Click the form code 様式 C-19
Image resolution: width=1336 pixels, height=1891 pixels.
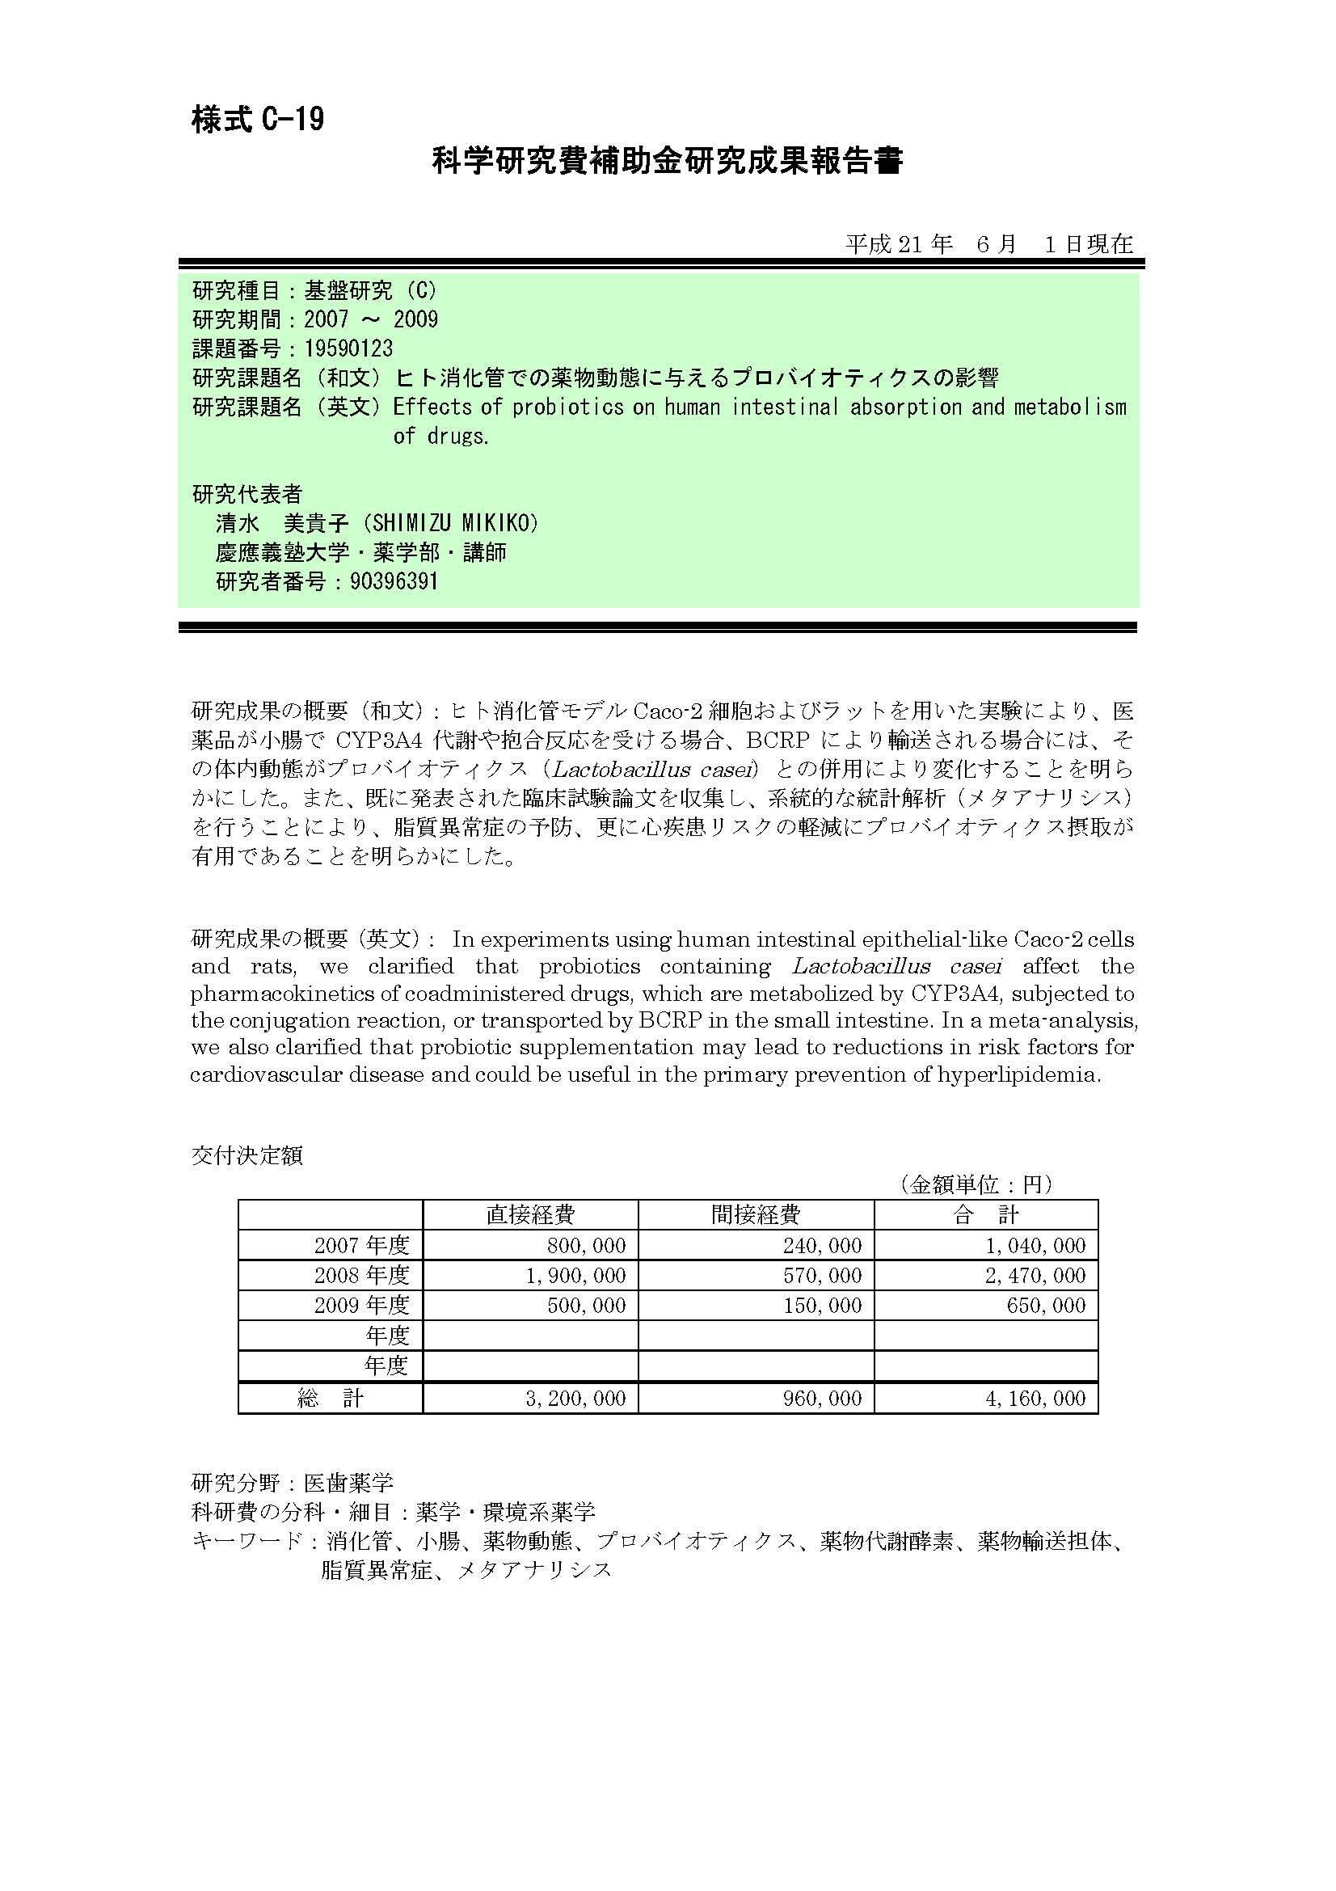point(257,120)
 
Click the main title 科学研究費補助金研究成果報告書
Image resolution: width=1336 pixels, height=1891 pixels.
point(668,162)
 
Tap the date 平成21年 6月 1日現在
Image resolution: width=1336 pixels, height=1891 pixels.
point(988,244)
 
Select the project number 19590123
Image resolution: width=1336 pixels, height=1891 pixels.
point(348,348)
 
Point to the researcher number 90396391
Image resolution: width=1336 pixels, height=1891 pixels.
point(394,581)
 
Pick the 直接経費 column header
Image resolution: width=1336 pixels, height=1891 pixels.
point(530,1215)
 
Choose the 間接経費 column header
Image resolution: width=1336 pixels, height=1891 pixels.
point(755,1215)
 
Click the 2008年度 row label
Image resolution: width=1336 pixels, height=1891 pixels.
point(361,1276)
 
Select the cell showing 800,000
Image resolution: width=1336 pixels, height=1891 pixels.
point(586,1245)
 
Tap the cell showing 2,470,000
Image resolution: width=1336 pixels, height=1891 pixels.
point(1035,1276)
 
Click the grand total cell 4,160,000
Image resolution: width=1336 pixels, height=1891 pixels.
point(1035,1398)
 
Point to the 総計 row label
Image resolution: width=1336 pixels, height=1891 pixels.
point(330,1398)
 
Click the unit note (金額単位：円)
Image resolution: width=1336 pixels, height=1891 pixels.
point(975,1184)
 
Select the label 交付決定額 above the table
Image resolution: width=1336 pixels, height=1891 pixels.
point(247,1155)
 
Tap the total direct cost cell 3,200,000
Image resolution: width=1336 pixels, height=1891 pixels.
point(575,1398)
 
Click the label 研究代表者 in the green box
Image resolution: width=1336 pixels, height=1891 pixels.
point(247,494)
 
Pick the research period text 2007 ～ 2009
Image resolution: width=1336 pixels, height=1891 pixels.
point(370,319)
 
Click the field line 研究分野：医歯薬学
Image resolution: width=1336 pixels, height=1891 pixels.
point(293,1484)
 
